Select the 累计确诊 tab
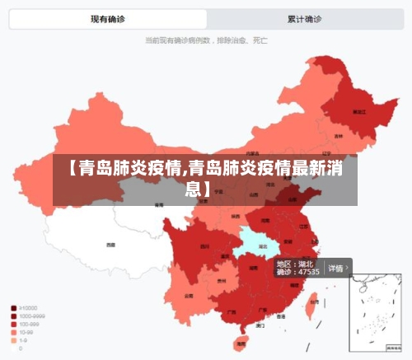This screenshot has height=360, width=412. (x=304, y=19)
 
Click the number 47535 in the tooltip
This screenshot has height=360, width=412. (x=308, y=272)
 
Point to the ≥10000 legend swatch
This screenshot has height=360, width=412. (x=14, y=308)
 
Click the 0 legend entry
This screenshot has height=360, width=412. (x=21, y=348)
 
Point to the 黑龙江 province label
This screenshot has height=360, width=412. (x=358, y=110)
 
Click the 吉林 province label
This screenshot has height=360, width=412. (x=339, y=136)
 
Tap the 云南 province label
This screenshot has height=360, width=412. (x=189, y=295)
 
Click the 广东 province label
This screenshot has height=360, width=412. (x=262, y=311)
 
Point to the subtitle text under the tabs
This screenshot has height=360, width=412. (x=206, y=39)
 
